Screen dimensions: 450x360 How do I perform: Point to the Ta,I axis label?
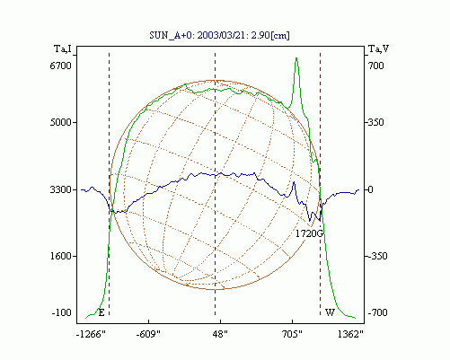tap(63, 48)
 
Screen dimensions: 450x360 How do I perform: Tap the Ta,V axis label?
tap(378, 48)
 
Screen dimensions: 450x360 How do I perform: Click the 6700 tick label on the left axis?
tap(61, 66)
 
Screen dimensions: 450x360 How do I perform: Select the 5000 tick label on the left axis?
tap(61, 122)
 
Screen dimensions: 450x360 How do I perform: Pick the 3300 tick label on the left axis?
tap(61, 189)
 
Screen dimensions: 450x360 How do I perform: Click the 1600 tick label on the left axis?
tap(61, 256)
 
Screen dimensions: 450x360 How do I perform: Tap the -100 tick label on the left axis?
tap(62, 312)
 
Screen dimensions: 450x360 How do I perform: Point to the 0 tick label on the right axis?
tap(371, 189)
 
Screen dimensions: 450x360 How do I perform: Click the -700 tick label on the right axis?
tap(377, 312)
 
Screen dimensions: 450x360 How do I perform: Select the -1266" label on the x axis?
tap(91, 334)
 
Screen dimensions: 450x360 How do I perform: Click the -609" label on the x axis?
tap(148, 334)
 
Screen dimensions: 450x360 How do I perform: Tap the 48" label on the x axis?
tap(220, 334)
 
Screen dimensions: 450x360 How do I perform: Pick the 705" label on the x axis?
tap(292, 334)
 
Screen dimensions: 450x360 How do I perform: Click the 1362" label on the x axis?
tap(350, 334)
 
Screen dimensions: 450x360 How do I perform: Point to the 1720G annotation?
tap(309, 233)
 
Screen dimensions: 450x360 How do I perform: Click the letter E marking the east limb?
tap(101, 313)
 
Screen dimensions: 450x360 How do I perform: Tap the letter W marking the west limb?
tap(330, 312)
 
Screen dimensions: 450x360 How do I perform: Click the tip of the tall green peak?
tap(296, 57)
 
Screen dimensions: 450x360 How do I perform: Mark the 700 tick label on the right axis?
tap(376, 66)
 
